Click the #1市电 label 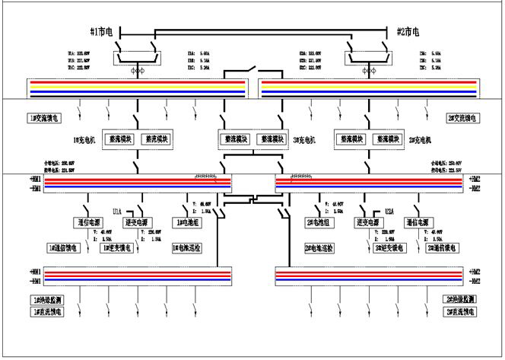pos(100,32)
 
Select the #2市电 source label pos(408,32)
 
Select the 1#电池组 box pos(188,223)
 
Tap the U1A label pos(117,211)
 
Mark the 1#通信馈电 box pos(65,248)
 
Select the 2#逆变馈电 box pos(389,248)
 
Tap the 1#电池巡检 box pos(188,248)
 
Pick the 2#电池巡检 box pos(320,248)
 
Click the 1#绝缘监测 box pos(49,300)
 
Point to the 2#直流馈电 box pos(462,312)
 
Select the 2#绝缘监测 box pos(462,300)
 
